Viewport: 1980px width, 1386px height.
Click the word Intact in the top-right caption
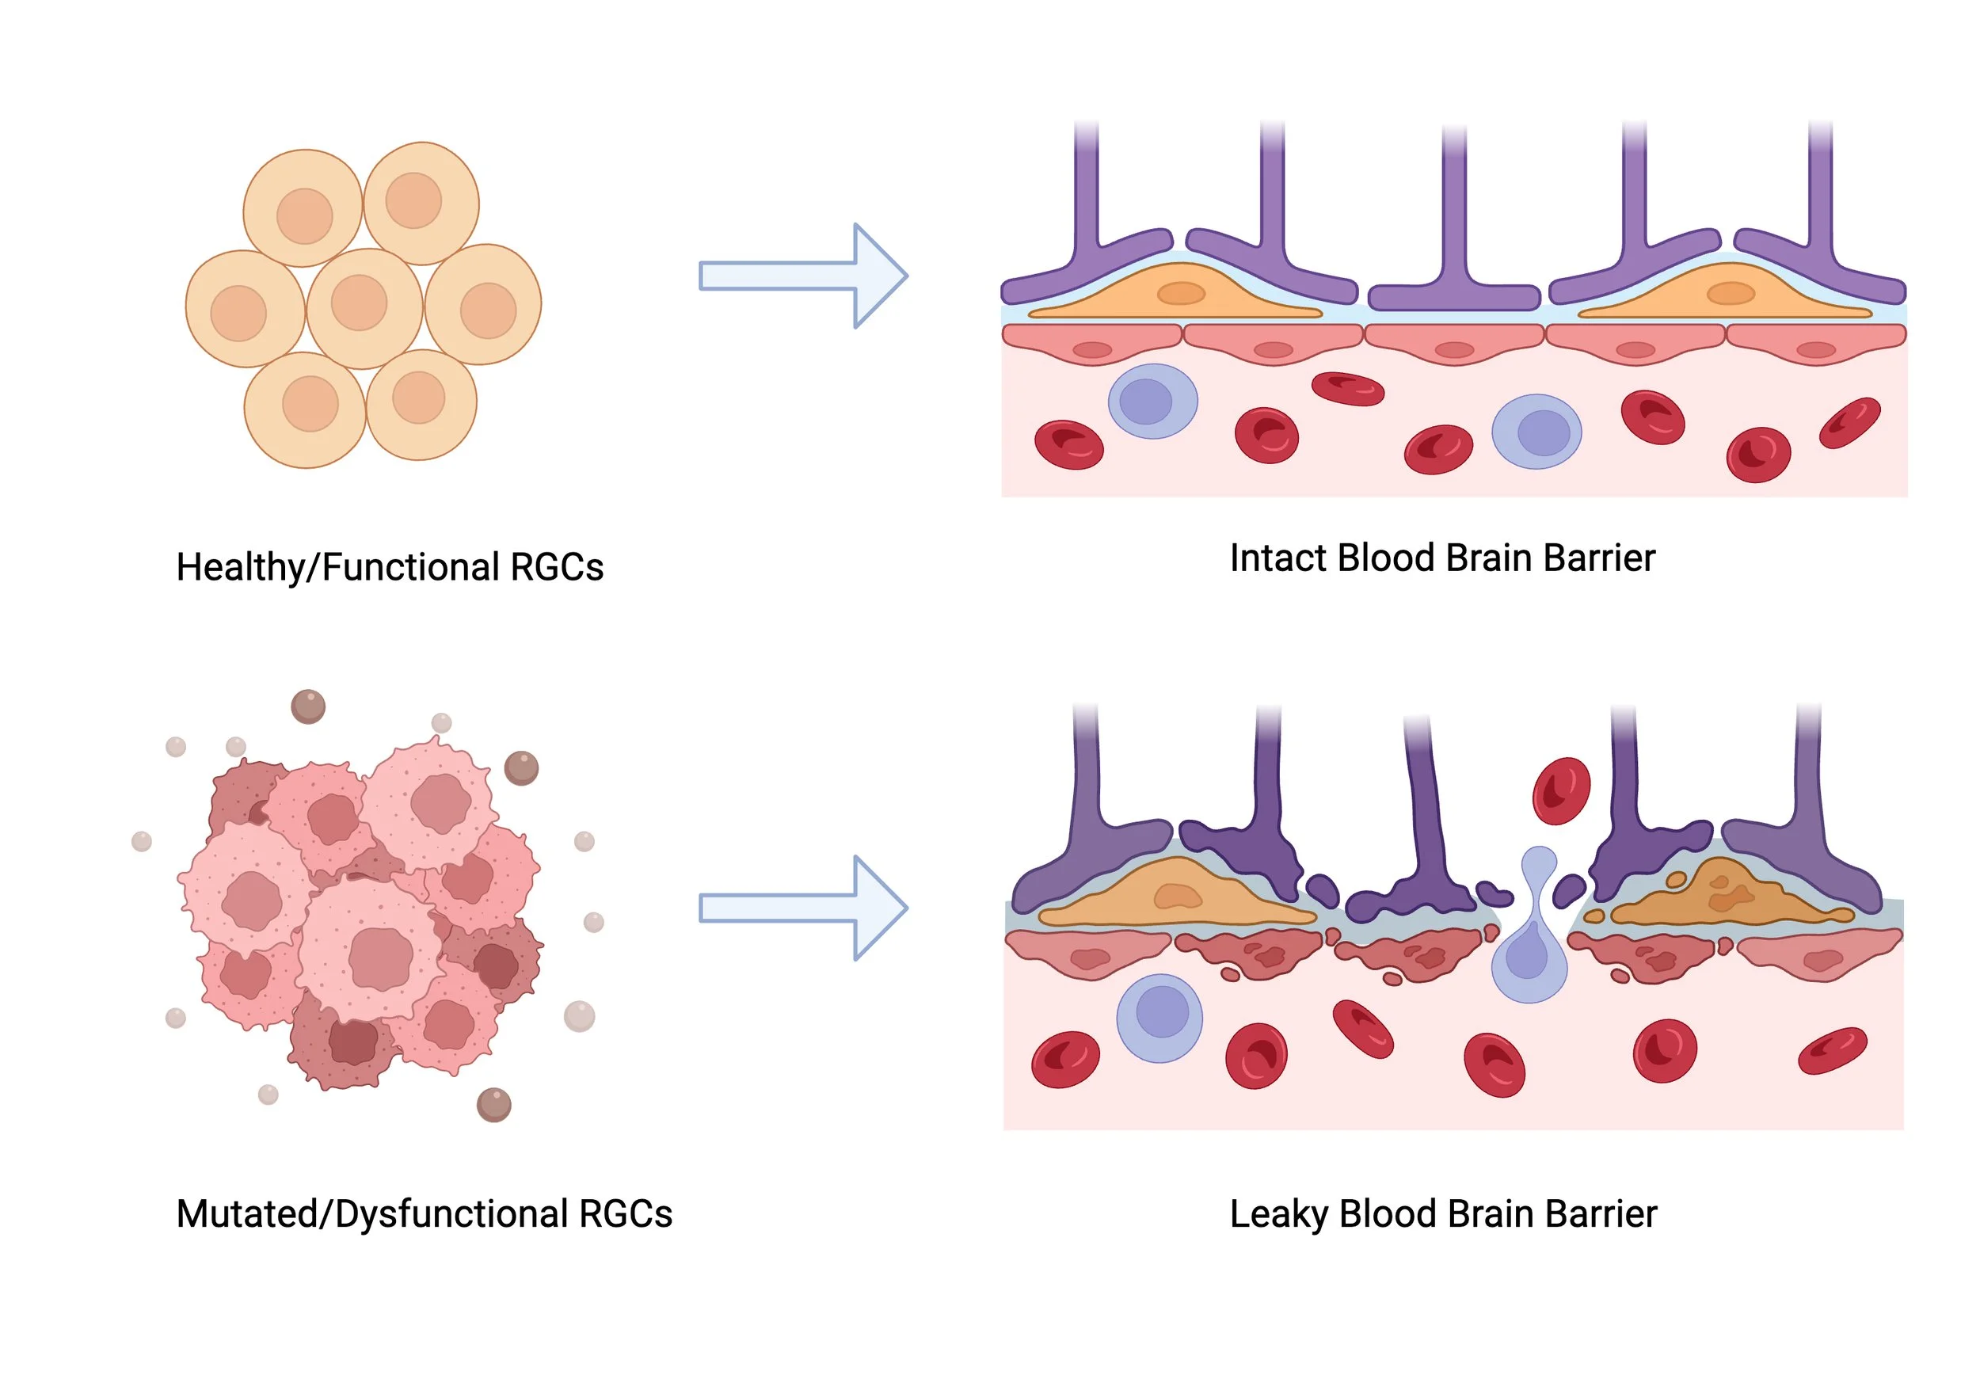pos(1278,558)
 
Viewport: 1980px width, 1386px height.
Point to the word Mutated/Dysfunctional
pos(371,1213)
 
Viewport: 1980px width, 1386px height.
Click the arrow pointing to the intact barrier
pos(802,276)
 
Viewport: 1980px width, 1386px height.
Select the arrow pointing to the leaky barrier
pos(802,908)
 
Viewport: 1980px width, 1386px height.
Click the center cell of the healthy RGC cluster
pos(364,307)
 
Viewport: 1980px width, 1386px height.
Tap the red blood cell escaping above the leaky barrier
pos(1561,790)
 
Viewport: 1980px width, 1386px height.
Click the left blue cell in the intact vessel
pos(1152,401)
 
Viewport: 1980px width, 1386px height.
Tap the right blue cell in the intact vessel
pos(1536,431)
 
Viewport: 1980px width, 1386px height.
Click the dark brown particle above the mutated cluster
pos(308,706)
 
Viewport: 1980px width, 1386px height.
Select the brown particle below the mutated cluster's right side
pos(494,1105)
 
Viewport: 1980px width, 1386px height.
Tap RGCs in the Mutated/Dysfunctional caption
pos(625,1213)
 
